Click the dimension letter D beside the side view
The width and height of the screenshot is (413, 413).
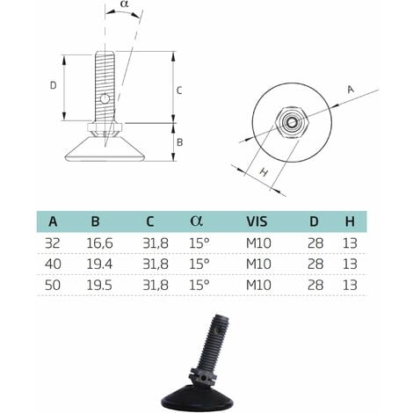point(54,85)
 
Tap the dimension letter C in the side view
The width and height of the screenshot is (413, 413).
point(179,90)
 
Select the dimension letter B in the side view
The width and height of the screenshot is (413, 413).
point(179,141)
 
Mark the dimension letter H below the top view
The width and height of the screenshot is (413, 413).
point(261,173)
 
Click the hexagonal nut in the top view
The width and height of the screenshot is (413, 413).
point(290,123)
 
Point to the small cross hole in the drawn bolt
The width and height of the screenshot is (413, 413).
point(105,99)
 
